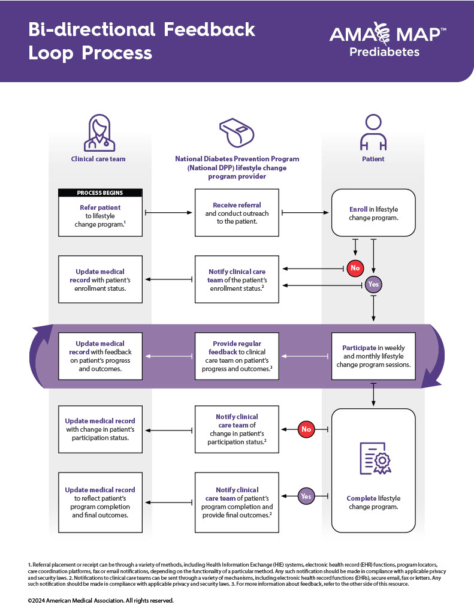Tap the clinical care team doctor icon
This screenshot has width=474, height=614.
coord(100,133)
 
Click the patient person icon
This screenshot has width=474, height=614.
coord(373,133)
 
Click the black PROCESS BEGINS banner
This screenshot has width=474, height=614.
coord(100,193)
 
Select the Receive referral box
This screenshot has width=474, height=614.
coord(237,213)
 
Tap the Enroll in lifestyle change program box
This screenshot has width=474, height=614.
coord(373,213)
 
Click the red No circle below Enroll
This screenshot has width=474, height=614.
coord(355,268)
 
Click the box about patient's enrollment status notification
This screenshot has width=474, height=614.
coord(237,279)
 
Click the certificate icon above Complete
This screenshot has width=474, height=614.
coord(373,459)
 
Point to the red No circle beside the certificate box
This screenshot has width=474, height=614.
coord(307,429)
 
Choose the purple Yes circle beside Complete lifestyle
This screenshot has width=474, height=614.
coord(307,496)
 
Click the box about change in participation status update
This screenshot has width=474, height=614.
coord(100,429)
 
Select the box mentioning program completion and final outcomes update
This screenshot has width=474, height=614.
coord(100,502)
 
